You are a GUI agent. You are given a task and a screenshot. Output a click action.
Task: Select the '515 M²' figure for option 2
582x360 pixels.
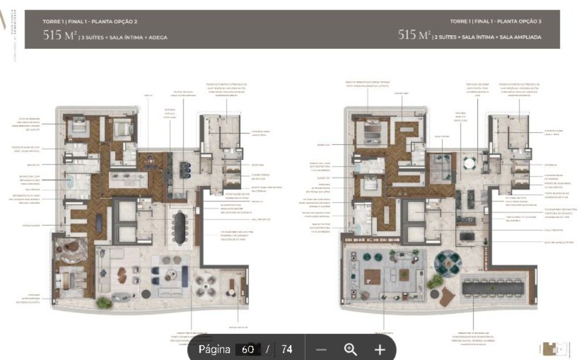(59, 36)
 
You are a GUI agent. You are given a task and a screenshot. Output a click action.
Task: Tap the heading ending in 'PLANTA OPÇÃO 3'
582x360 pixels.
(496, 22)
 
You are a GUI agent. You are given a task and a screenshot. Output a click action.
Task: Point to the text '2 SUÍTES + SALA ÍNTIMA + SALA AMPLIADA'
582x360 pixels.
(488, 37)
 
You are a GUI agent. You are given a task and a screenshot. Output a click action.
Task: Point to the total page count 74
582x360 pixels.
(286, 349)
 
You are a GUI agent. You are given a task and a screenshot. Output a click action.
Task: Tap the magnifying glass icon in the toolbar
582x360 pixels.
(351, 349)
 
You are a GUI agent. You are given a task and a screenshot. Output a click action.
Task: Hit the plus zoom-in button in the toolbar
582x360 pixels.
(380, 349)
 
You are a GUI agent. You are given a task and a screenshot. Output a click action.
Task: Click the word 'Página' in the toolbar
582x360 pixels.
(214, 349)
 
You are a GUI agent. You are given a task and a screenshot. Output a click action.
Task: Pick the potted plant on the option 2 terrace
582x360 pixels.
(104, 303)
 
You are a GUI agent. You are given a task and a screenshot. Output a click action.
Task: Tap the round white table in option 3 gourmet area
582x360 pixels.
(469, 164)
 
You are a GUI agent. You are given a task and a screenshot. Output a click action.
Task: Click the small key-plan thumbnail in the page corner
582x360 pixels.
(555, 348)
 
